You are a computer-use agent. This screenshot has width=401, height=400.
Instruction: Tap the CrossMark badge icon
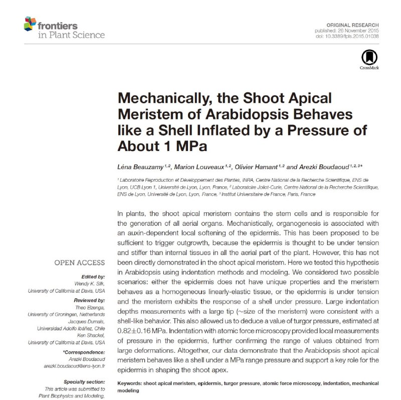(x=369, y=58)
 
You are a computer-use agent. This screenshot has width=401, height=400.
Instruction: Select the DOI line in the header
(x=350, y=37)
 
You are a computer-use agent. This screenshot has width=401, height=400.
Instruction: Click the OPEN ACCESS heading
(x=80, y=262)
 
